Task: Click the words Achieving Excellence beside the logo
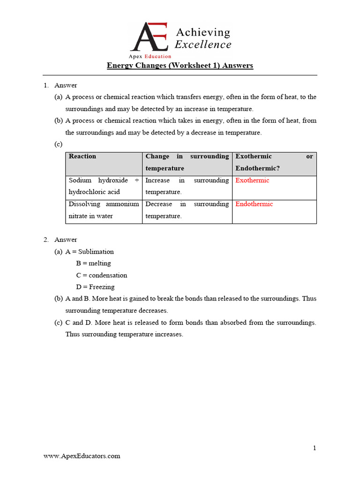[202, 38]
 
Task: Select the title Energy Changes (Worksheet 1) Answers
[180, 66]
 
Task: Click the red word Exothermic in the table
[252, 180]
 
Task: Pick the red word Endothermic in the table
[254, 204]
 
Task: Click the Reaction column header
[82, 157]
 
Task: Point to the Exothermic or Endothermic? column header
[274, 162]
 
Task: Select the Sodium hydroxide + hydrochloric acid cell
[104, 186]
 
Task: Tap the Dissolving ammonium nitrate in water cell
[104, 210]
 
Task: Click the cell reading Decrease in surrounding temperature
[187, 210]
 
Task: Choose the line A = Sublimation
[90, 252]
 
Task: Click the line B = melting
[93, 263]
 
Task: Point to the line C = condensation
[101, 275]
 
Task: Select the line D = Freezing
[95, 287]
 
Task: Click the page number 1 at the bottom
[315, 448]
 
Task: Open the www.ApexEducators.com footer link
[82, 456]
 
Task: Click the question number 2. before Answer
[46, 240]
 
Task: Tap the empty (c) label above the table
[59, 144]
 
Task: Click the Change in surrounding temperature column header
[187, 162]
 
